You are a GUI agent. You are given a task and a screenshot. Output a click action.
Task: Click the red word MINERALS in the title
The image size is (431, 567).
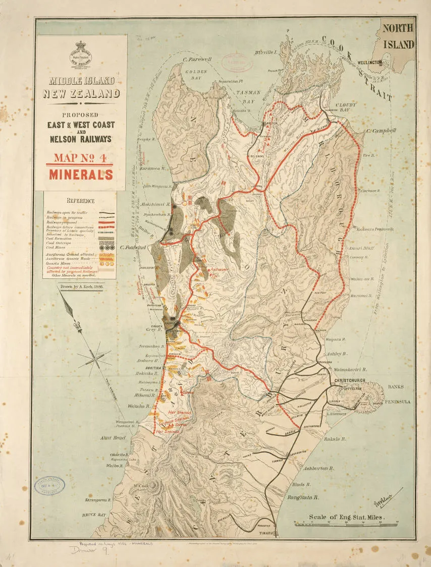(81, 175)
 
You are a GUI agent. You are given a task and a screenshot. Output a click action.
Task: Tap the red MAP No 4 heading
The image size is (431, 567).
(81, 158)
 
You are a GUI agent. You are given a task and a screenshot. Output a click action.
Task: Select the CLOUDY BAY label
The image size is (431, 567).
(343, 108)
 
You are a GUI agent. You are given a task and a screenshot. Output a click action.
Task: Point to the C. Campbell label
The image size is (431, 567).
(382, 131)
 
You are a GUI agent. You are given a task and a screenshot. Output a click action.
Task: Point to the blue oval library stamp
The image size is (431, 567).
(49, 486)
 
